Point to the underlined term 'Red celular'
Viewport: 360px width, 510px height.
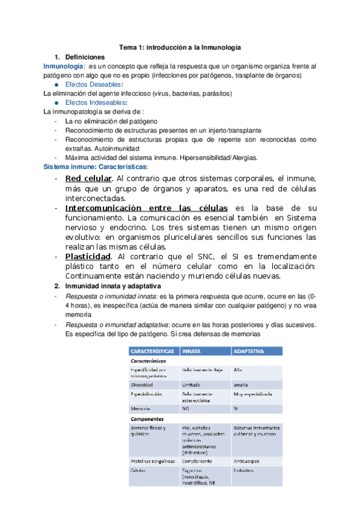point(88,179)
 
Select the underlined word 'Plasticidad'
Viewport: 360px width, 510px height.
point(90,256)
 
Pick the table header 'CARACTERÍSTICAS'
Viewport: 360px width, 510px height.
point(152,351)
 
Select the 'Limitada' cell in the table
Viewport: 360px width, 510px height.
point(192,384)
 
